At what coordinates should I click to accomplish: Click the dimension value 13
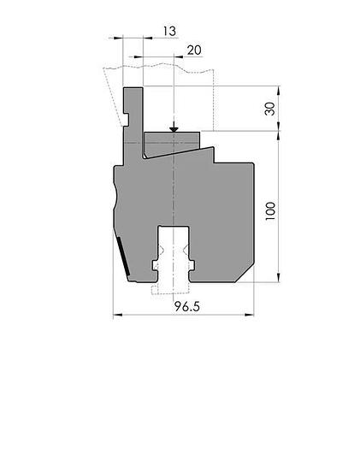coord(169,31)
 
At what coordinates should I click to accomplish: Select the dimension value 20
coord(194,50)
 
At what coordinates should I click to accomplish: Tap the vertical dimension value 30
coord(269,109)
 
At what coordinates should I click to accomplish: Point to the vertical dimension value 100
coord(269,211)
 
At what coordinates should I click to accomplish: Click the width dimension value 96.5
coord(187,307)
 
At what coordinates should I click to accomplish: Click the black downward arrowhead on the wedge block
coord(174,129)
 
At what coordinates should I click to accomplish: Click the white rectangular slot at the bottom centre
coord(174,253)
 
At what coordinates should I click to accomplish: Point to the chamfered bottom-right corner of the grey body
coord(245,274)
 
